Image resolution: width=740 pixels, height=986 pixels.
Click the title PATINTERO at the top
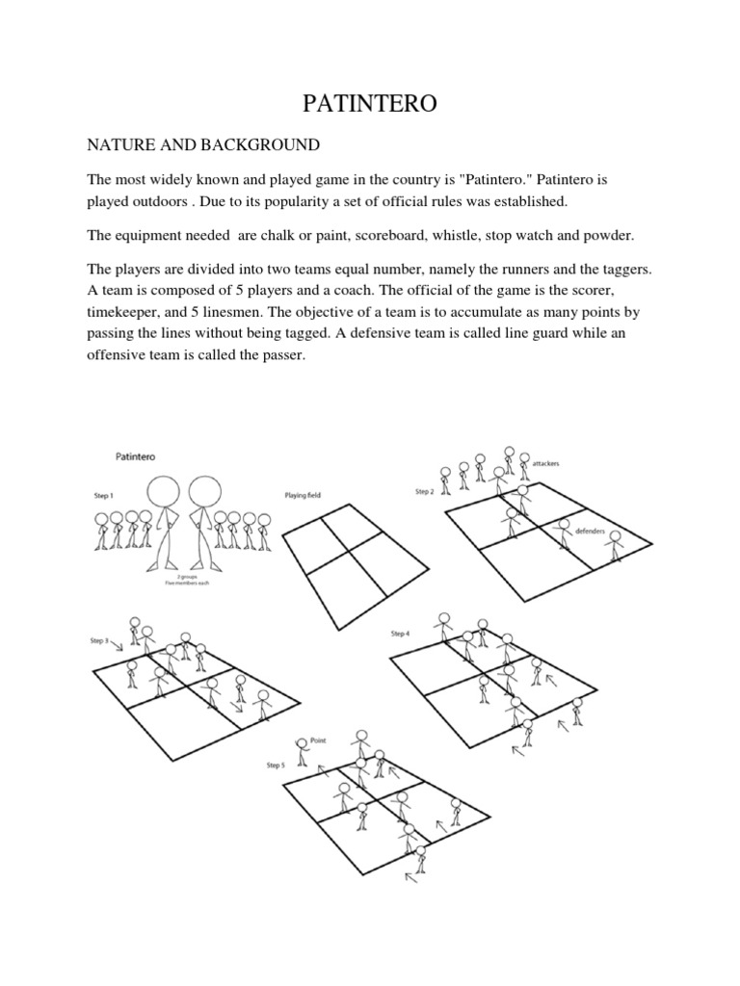370,103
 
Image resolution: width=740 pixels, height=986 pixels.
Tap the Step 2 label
425,492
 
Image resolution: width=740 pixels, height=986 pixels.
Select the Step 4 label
400,633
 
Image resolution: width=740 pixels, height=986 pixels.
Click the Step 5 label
276,765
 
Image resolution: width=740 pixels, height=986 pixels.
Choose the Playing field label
303,495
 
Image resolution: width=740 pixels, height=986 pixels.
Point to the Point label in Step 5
317,741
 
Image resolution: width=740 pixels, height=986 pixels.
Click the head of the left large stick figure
167,491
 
